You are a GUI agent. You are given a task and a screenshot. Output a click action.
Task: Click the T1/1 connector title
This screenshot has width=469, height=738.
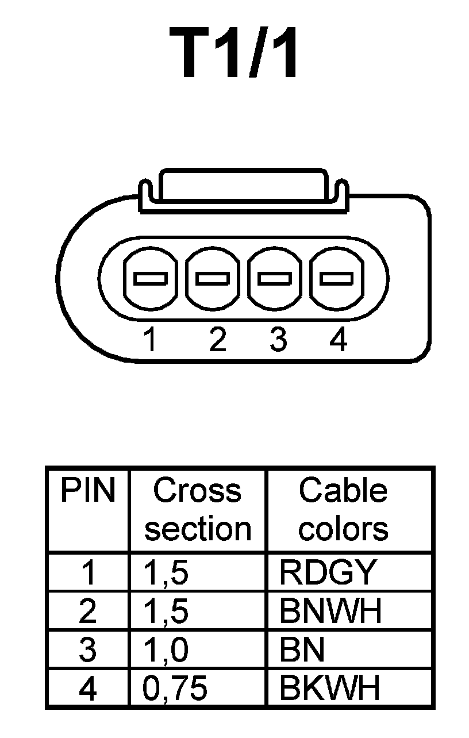click(234, 53)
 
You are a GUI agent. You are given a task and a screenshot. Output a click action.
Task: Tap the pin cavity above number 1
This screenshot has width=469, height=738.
click(150, 279)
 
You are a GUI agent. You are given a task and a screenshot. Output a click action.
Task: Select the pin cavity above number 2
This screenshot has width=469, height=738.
click(212, 279)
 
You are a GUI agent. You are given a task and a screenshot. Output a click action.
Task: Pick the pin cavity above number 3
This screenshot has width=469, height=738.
click(274, 279)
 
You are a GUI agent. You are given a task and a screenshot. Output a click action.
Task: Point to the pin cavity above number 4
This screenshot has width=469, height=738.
click(336, 279)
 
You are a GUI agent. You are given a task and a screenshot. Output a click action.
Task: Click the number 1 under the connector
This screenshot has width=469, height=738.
click(150, 340)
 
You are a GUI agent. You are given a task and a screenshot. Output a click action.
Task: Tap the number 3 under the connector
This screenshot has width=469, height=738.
click(278, 340)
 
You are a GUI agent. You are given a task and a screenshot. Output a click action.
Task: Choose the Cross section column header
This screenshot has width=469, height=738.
click(198, 510)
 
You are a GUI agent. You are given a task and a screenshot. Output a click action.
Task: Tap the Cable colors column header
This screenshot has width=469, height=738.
click(343, 510)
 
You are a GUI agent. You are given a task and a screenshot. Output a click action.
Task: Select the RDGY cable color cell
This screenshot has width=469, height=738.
click(328, 572)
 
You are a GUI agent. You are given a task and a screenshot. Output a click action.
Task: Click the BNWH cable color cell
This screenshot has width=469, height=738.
click(330, 612)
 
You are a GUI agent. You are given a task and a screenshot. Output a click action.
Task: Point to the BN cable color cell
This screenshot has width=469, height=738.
click(302, 650)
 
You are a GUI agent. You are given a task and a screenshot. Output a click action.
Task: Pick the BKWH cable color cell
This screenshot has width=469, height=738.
click(330, 689)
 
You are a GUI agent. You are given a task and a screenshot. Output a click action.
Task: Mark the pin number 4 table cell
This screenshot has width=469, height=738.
click(88, 689)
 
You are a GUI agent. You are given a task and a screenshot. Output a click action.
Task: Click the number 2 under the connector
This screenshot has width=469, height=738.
click(217, 340)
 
